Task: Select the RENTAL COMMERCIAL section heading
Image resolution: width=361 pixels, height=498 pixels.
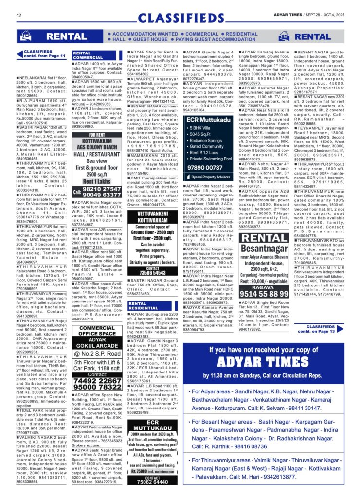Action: (89, 55)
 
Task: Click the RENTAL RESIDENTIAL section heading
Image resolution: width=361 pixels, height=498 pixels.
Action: (144, 306)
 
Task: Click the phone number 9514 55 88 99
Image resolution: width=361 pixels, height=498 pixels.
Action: (271, 293)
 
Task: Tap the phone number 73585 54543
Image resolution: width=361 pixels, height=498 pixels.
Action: (153, 273)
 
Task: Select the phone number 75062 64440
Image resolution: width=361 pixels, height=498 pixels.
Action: (153, 482)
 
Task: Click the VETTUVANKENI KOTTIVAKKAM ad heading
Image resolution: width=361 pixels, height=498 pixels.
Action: (153, 217)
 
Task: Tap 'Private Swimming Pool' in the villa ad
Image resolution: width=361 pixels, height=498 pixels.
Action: (213, 158)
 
